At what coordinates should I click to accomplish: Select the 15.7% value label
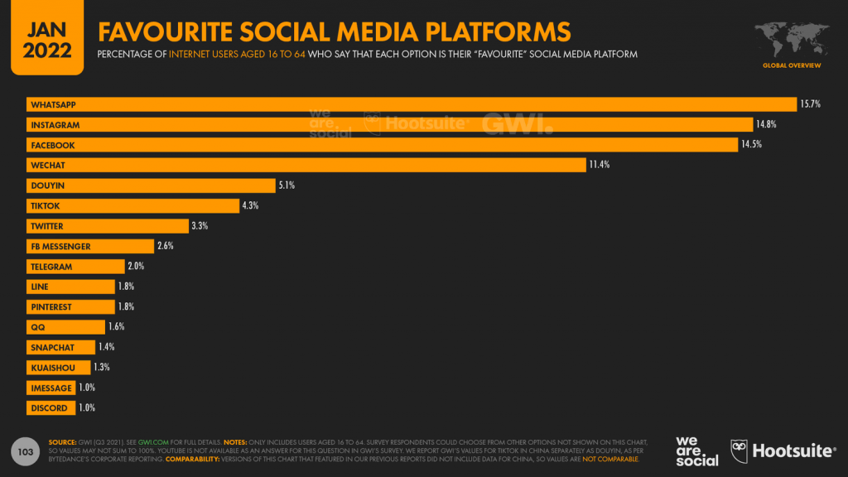[x=809, y=104]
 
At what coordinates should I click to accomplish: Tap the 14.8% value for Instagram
[x=765, y=124]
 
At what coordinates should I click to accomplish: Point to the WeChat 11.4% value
[x=599, y=165]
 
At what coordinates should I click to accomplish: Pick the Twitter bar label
[x=46, y=226]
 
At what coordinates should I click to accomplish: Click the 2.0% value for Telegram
[x=137, y=267]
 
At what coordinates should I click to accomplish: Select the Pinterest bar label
[x=51, y=306]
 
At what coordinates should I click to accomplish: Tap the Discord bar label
[x=48, y=408]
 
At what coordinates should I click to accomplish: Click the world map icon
[x=792, y=38]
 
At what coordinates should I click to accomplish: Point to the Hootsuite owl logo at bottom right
[x=740, y=450]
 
